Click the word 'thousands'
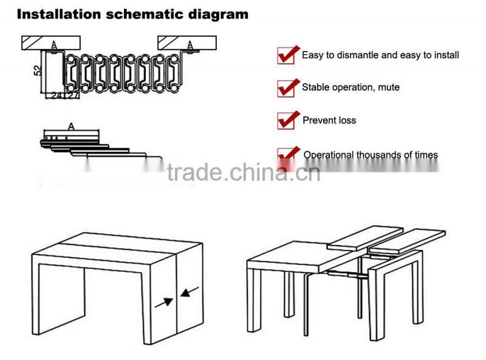pyautogui.click(x=377, y=155)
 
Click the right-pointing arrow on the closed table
pyautogui.click(x=163, y=301)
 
